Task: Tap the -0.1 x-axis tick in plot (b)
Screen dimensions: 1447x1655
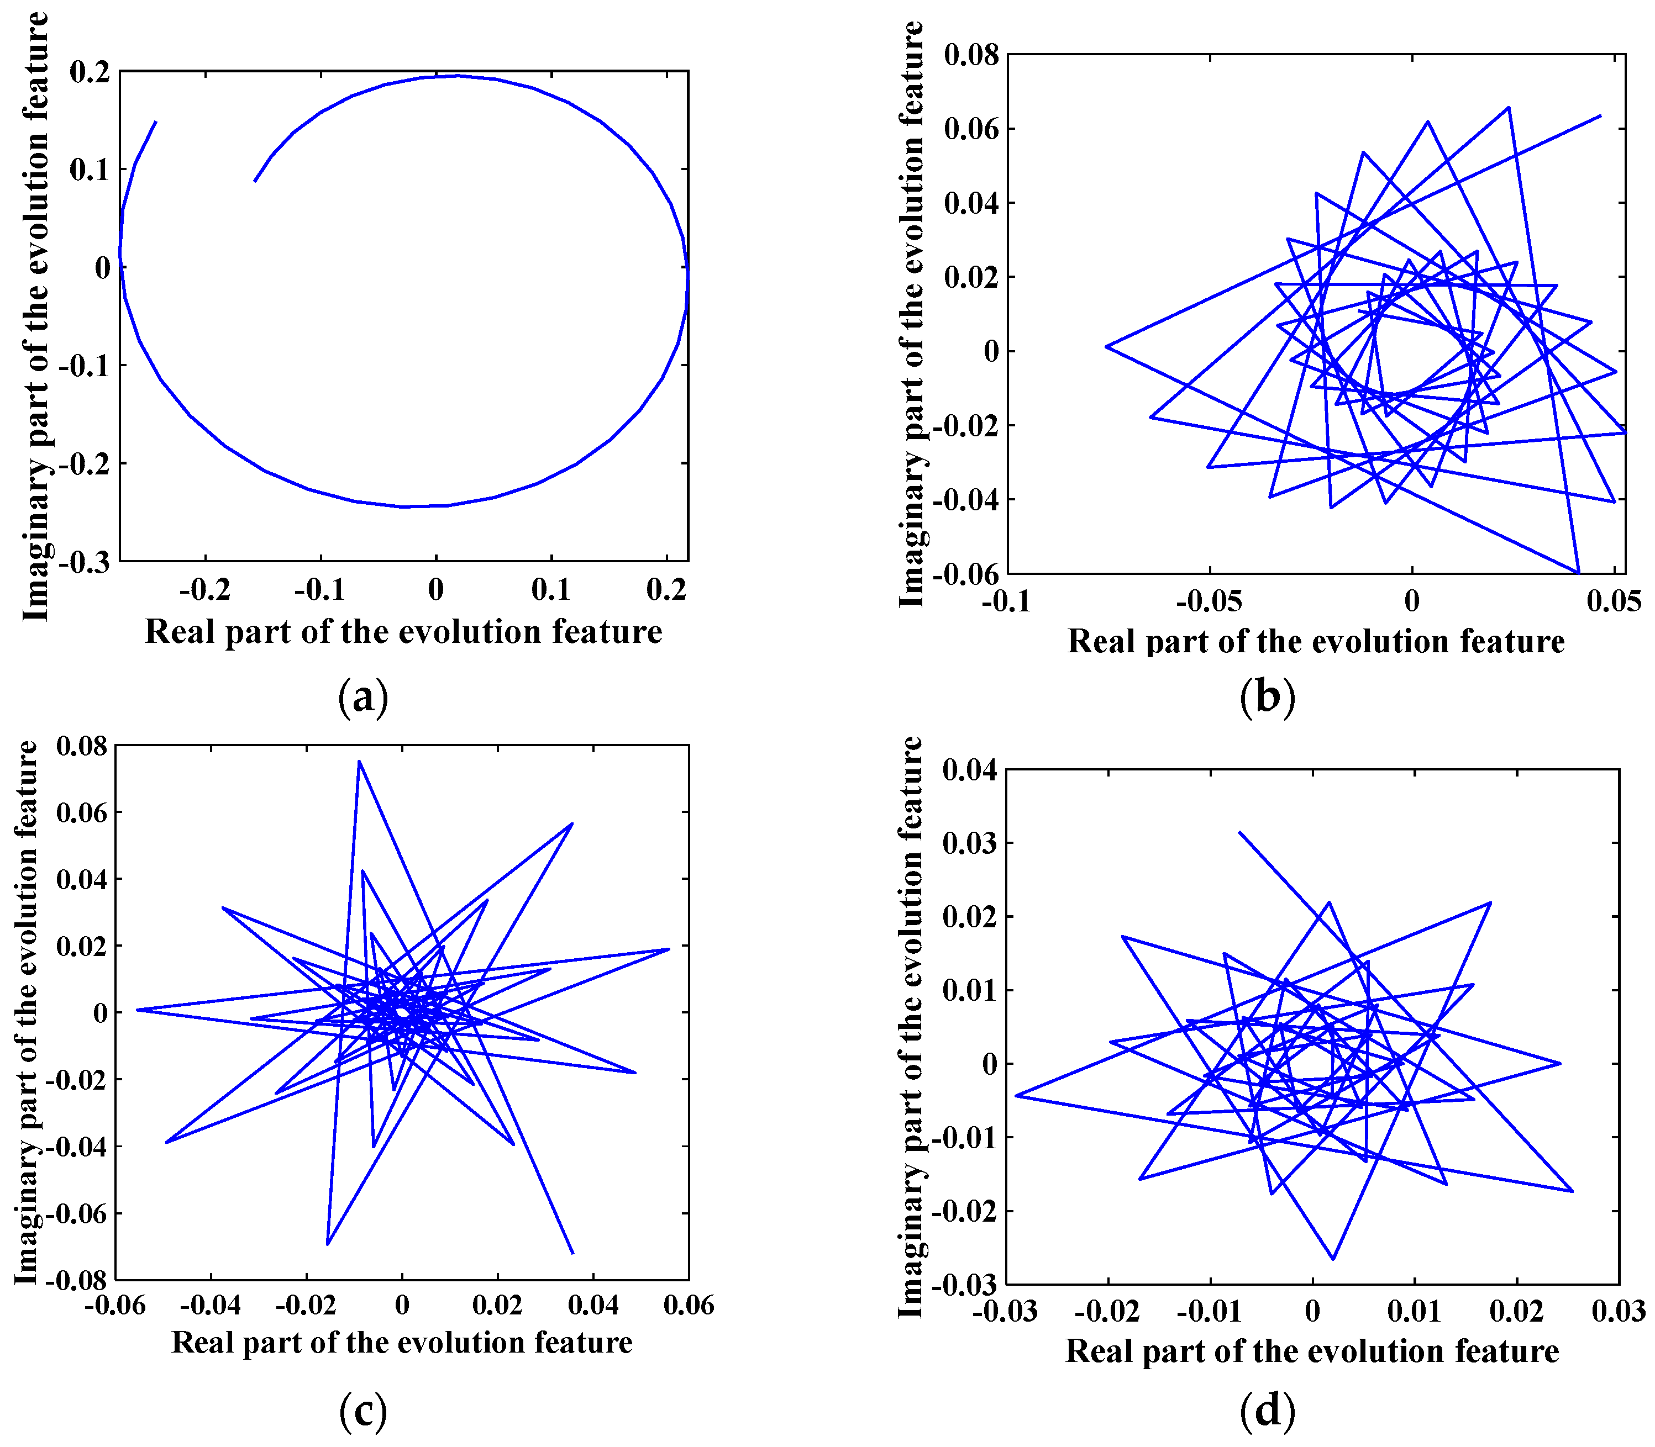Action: [x=1006, y=601]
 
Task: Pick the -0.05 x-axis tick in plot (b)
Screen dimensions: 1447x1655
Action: [x=1209, y=601]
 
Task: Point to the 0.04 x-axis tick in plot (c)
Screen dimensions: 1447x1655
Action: [x=593, y=1306]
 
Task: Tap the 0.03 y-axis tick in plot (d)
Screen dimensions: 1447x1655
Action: [x=969, y=843]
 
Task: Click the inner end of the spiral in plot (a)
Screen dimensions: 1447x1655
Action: [x=255, y=181]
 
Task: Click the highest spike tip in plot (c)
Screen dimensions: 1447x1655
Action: [x=359, y=761]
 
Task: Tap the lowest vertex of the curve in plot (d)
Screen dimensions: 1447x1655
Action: [x=1333, y=1259]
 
